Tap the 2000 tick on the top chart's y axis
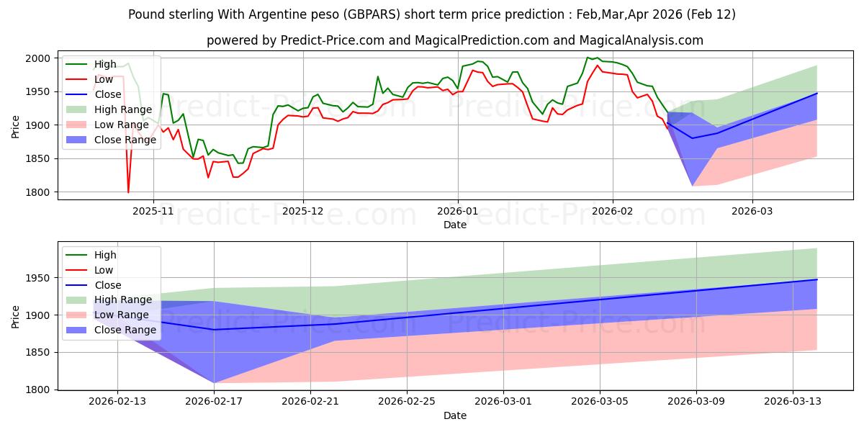pyautogui.click(x=39, y=58)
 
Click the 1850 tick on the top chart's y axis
pyautogui.click(x=39, y=159)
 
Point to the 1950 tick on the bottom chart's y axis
pyautogui.click(x=39, y=278)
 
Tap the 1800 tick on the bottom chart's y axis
pyautogui.click(x=39, y=390)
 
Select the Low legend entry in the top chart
pyautogui.click(x=104, y=79)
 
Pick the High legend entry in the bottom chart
pyautogui.click(x=105, y=255)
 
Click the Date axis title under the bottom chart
pyautogui.click(x=454, y=415)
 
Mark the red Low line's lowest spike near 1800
pyautogui.click(x=128, y=192)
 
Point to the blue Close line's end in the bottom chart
pyautogui.click(x=816, y=279)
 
